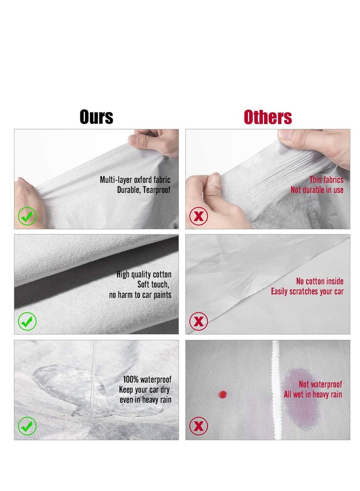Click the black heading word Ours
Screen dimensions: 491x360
[x=96, y=117]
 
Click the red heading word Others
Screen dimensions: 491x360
[x=268, y=117]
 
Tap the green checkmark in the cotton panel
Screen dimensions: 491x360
[x=27, y=321]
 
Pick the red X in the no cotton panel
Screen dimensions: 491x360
[x=198, y=321]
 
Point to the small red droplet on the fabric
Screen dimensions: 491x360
[x=222, y=395]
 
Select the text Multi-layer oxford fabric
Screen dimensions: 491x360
[x=135, y=180]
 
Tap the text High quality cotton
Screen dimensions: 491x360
[x=144, y=275]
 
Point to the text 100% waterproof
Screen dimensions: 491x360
[x=147, y=380]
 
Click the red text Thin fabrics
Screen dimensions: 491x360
[x=326, y=180]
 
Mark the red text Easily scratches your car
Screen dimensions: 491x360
[x=307, y=292]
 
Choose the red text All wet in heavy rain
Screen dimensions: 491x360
[x=313, y=395]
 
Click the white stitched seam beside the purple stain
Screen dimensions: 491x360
[x=276, y=390]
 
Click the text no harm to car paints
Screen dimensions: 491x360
[x=140, y=295]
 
